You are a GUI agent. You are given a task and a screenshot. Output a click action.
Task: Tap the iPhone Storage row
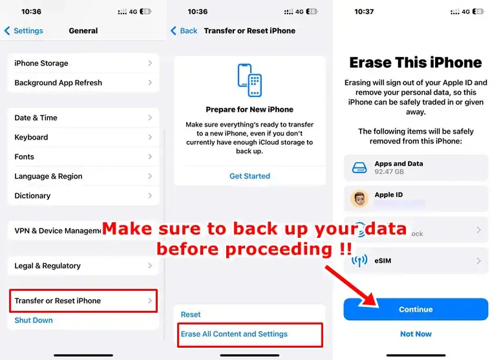[x=83, y=63]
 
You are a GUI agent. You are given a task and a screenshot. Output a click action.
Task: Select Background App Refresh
[x=83, y=83]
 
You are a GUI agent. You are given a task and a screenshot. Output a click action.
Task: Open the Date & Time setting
[x=83, y=118]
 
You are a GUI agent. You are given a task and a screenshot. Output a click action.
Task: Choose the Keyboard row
[x=83, y=137]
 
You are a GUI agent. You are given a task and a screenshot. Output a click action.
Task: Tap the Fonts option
[x=83, y=156]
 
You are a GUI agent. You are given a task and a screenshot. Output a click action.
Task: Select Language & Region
[x=83, y=176]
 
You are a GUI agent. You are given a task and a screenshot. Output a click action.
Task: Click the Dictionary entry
[x=83, y=195]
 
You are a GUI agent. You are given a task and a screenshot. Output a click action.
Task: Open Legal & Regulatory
[x=83, y=266]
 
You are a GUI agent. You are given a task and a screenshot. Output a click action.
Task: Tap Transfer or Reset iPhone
[x=83, y=301]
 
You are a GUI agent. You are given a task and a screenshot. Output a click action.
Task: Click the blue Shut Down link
[x=34, y=320]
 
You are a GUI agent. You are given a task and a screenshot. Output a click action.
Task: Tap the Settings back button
[x=24, y=30]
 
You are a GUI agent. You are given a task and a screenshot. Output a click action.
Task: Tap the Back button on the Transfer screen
[x=184, y=30]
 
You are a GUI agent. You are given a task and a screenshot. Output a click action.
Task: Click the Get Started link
[x=249, y=176]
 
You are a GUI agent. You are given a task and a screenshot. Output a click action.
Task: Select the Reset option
[x=191, y=314]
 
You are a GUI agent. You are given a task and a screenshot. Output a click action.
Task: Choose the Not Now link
[x=416, y=334]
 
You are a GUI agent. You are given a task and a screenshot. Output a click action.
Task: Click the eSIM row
[x=416, y=261]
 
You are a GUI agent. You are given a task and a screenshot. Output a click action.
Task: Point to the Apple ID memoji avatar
[x=359, y=199]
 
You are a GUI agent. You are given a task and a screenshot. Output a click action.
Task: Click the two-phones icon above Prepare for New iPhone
[x=249, y=80]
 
